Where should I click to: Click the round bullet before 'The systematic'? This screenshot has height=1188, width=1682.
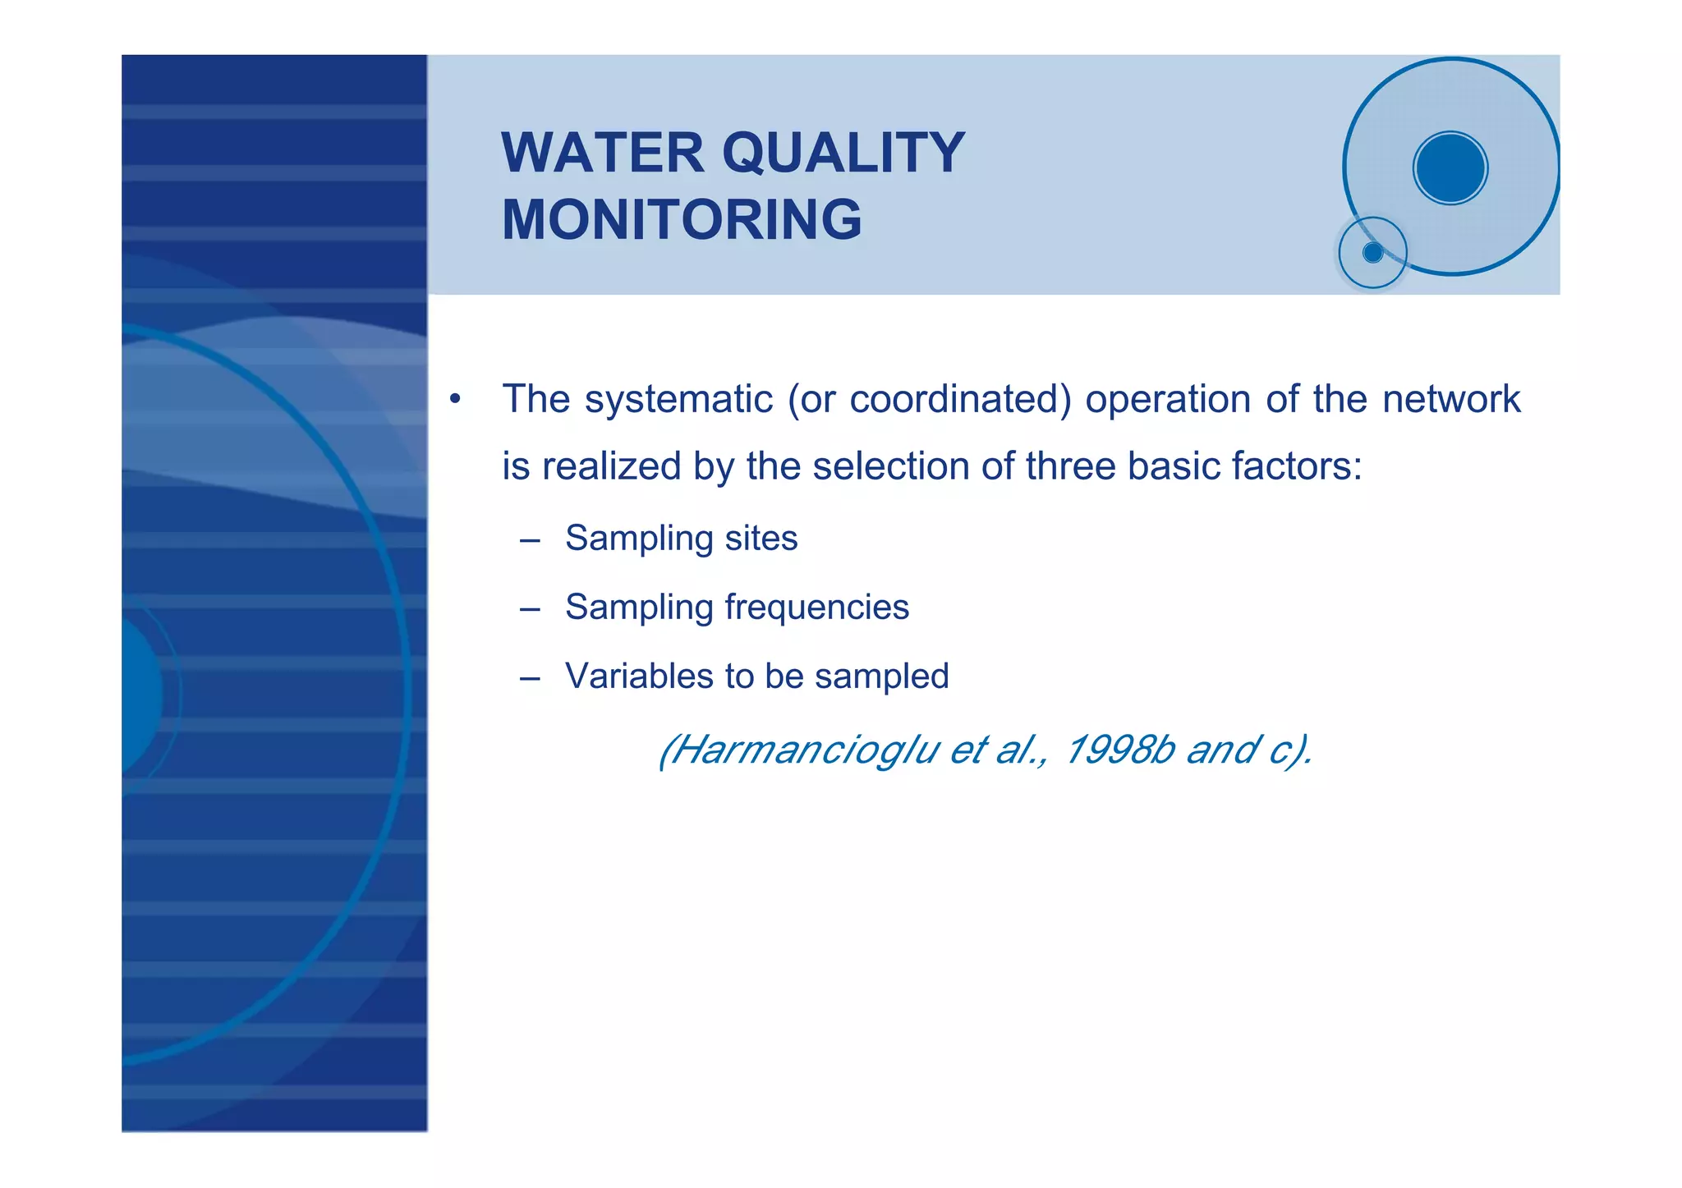click(454, 401)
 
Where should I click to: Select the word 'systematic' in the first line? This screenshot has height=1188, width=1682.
click(678, 400)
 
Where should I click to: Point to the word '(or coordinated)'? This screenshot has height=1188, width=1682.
click(929, 400)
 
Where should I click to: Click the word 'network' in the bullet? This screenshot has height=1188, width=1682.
click(1451, 400)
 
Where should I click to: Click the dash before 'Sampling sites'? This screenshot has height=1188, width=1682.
click(530, 541)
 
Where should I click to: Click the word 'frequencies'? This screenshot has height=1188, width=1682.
click(816, 608)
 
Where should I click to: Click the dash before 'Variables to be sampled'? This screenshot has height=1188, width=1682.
click(530, 679)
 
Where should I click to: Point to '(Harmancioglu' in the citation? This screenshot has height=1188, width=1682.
click(797, 750)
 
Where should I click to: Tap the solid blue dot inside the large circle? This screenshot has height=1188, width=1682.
click(1450, 168)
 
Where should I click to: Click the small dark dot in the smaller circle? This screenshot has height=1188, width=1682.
click(1372, 253)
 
